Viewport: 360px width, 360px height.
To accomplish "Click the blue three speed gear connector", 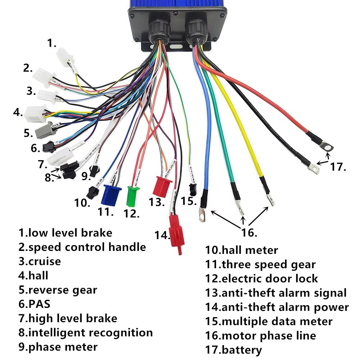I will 112,195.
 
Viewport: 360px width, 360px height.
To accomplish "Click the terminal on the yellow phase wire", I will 269,199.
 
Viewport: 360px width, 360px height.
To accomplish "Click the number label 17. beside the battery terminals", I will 338,167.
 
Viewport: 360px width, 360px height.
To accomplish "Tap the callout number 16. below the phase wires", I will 249,232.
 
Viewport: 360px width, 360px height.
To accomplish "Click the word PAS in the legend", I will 39,303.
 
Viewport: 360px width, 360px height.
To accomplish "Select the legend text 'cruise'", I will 44,261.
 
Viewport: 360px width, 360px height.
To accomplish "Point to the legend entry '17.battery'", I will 233,350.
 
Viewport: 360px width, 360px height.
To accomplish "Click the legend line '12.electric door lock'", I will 262,279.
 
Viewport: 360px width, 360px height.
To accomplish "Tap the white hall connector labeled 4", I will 35,114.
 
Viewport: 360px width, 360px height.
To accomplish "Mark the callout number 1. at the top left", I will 52,44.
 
